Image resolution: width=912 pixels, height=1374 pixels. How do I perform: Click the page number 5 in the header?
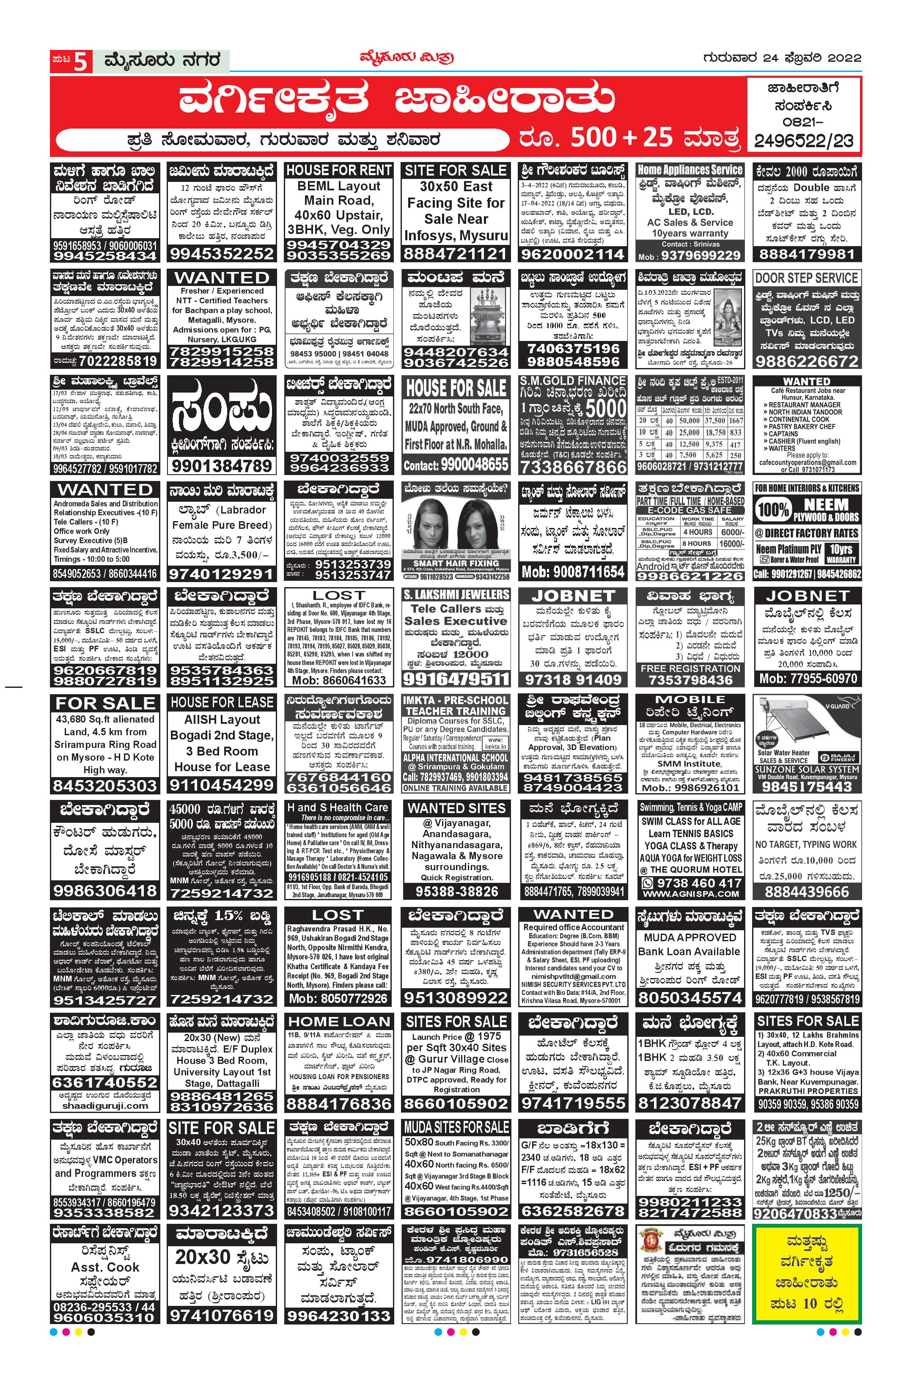pyautogui.click(x=82, y=60)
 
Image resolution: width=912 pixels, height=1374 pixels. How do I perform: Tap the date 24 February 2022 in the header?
pyautogui.click(x=781, y=58)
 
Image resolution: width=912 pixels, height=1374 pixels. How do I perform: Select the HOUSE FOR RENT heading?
pyautogui.click(x=338, y=170)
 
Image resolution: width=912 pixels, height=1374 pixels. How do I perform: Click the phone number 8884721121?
pyautogui.click(x=456, y=254)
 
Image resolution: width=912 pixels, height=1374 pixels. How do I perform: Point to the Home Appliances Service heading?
pyautogui.click(x=690, y=170)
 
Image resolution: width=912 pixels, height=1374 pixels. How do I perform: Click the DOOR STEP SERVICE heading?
pyautogui.click(x=806, y=278)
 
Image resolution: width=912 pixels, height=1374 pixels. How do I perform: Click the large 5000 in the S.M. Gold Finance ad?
pyautogui.click(x=605, y=408)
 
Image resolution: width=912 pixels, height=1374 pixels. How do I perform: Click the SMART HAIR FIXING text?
pyautogui.click(x=456, y=563)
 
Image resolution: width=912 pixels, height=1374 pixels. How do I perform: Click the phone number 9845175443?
pyautogui.click(x=806, y=786)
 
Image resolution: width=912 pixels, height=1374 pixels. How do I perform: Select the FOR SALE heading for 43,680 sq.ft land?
pyautogui.click(x=105, y=703)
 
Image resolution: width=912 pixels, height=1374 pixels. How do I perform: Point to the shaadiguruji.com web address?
pyautogui.click(x=105, y=1106)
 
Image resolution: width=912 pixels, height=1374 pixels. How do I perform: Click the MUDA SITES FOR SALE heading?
pyautogui.click(x=456, y=1127)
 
